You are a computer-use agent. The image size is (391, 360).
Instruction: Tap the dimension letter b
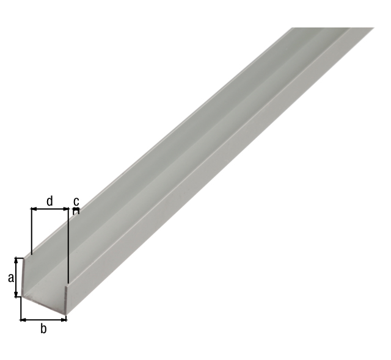tap(43, 329)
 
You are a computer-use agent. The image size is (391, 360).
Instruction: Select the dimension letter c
tap(76, 201)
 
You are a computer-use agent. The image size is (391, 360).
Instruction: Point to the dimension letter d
tap(49, 200)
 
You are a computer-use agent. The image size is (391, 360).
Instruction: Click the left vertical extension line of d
tap(31, 232)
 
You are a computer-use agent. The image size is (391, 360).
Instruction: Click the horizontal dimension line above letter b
tap(43, 319)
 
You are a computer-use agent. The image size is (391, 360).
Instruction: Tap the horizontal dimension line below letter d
tap(49, 209)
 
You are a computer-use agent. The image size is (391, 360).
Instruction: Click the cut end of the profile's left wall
tap(24, 278)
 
